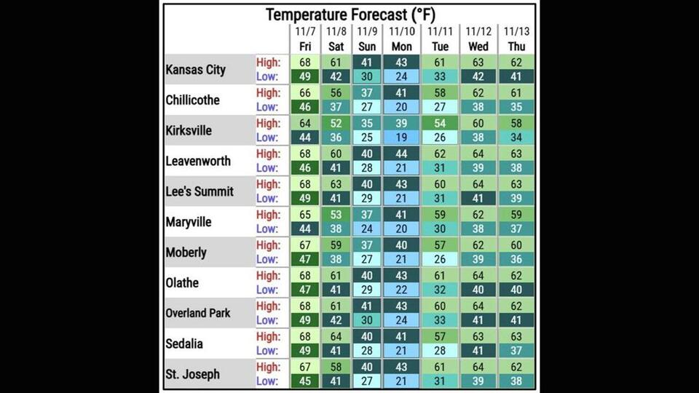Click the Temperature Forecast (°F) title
(350, 15)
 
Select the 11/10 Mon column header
(402, 39)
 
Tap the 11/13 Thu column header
(516, 39)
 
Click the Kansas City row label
(196, 70)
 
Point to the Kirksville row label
(189, 130)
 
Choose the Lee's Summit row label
(200, 191)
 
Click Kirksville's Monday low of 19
(402, 138)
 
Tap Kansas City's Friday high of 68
(305, 63)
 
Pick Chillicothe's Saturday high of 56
(336, 93)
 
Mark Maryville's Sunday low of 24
(367, 229)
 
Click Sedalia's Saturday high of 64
(336, 337)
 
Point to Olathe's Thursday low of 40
(516, 290)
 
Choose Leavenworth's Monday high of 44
(402, 154)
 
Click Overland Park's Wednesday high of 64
(478, 306)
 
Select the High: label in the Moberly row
(268, 245)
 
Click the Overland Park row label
(198, 313)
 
